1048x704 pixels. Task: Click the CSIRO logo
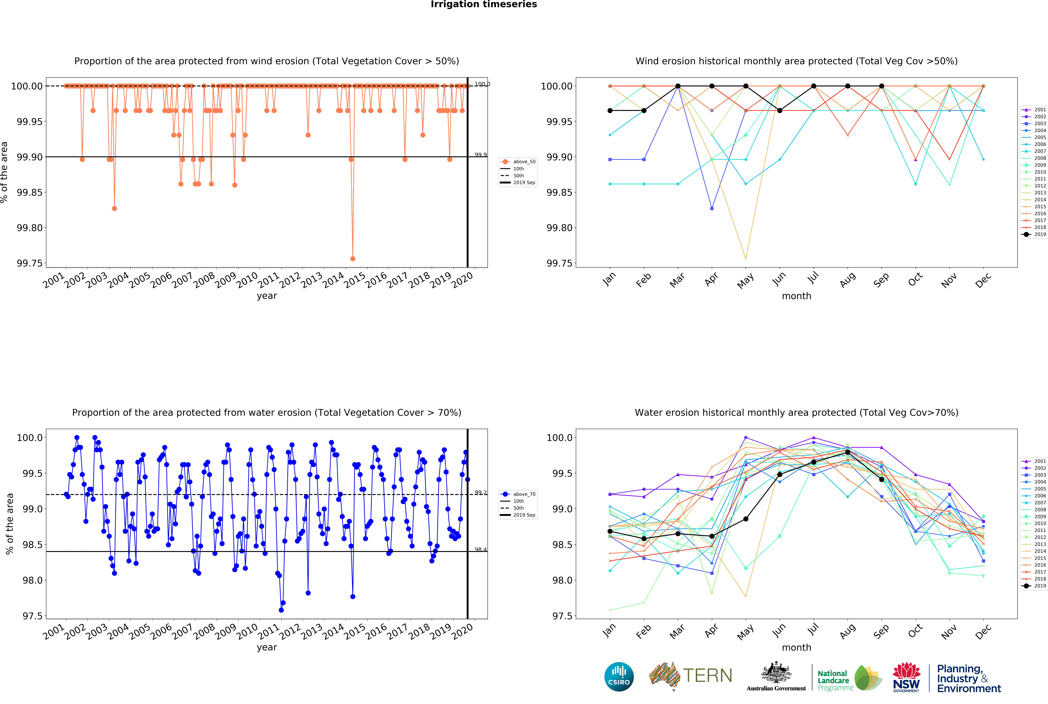619,677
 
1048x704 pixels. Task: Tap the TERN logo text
707,676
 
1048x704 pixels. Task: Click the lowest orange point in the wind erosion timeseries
353,259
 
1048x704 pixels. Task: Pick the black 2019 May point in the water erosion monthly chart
746,519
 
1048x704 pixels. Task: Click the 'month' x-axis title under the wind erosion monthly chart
796,296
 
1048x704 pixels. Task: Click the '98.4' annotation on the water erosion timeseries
481,550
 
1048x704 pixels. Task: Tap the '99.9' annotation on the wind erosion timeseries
481,155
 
